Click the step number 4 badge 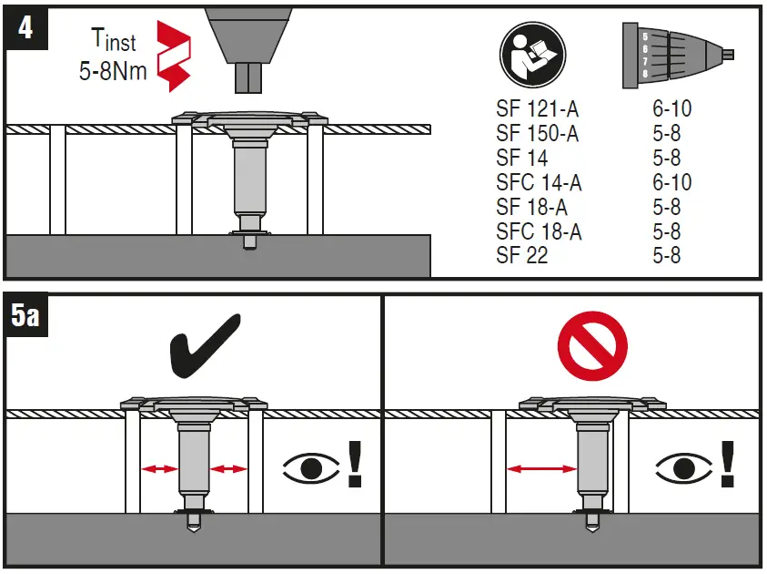(x=25, y=27)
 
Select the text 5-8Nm (x=113, y=70)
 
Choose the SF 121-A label (x=538, y=109)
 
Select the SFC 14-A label (x=539, y=183)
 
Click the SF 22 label (x=522, y=256)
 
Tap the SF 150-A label (x=538, y=134)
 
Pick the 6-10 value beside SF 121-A (x=671, y=109)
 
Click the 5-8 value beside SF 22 (x=666, y=256)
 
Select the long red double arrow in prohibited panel (x=541, y=469)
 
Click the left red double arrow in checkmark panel (x=159, y=469)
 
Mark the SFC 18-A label (x=539, y=231)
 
